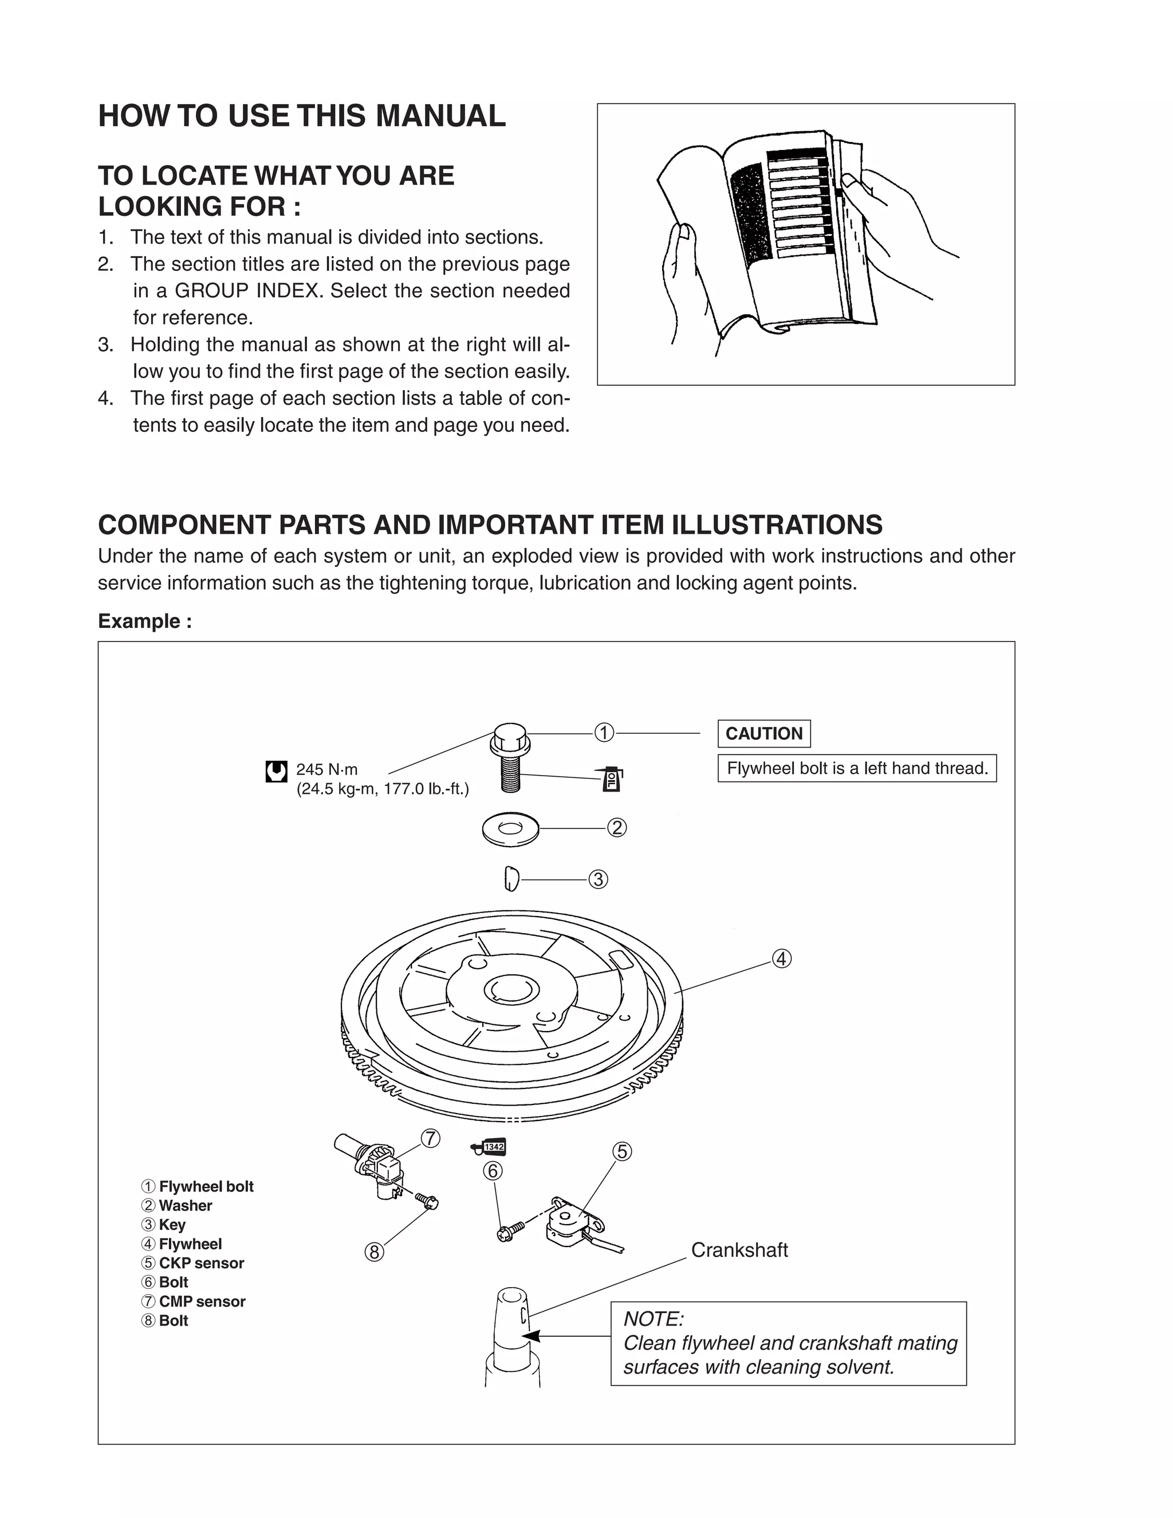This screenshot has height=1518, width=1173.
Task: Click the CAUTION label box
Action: [763, 733]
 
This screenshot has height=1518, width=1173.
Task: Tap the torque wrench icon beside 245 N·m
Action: [277, 772]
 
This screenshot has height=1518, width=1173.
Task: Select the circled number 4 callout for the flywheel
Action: [782, 958]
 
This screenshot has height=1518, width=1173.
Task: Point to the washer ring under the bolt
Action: [511, 828]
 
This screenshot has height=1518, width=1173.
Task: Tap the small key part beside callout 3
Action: [511, 879]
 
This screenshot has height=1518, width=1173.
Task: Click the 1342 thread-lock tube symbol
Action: [489, 1147]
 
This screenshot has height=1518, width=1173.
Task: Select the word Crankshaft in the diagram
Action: [739, 1250]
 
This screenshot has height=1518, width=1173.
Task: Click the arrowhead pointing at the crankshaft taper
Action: [530, 1336]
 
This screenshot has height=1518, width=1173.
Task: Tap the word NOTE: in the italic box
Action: [653, 1319]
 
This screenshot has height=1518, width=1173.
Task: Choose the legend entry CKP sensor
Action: [201, 1263]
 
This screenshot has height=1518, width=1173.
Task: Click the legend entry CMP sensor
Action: [202, 1301]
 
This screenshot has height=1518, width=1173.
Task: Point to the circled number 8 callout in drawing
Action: [374, 1252]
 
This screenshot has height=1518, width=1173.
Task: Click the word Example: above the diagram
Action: [144, 621]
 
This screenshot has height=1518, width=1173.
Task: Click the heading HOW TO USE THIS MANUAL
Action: [302, 116]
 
